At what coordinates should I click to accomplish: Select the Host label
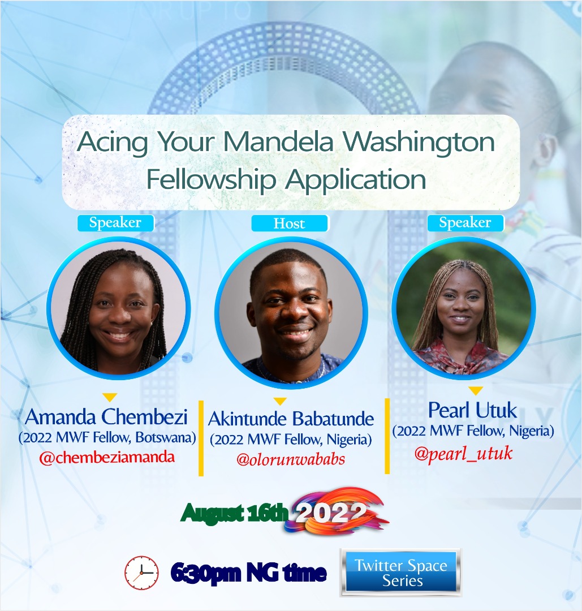[x=290, y=223]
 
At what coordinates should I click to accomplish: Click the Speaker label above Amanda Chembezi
[x=115, y=222]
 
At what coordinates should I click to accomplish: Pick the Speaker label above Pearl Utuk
[x=465, y=223]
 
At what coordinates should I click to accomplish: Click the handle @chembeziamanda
[x=107, y=458]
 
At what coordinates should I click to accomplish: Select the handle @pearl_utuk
[x=463, y=453]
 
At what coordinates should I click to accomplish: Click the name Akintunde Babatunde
[x=291, y=419]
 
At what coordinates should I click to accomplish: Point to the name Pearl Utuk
[x=473, y=410]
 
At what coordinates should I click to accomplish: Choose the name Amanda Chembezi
[x=106, y=418]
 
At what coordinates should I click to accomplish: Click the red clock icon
[x=141, y=573]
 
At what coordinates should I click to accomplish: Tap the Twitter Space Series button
[x=400, y=573]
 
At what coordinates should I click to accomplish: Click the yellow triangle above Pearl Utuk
[x=476, y=390]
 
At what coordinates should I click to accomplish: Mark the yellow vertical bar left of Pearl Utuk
[x=387, y=436]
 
